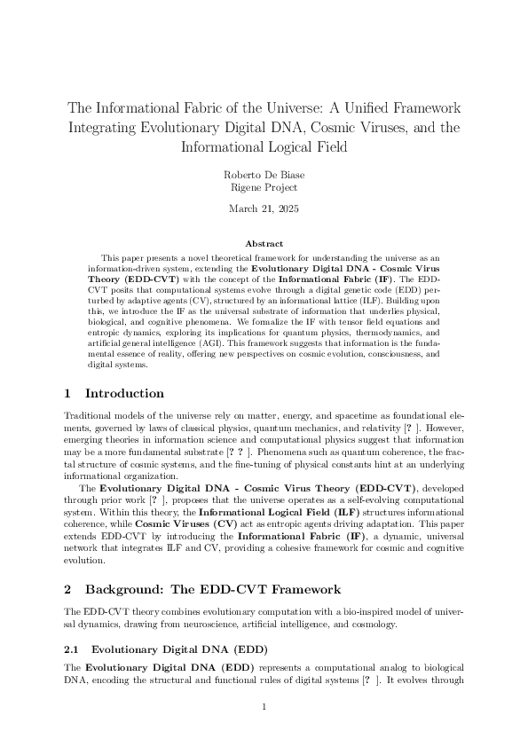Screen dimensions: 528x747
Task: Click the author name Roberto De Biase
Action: click(264, 176)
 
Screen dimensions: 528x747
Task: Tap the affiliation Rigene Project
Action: click(264, 188)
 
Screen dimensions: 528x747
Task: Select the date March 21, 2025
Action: click(264, 209)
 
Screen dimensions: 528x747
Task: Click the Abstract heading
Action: click(264, 243)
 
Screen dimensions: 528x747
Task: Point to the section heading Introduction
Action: click(124, 393)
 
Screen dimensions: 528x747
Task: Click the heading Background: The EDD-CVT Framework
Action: click(213, 589)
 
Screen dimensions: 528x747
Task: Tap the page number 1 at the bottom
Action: click(264, 706)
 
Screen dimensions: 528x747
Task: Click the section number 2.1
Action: click(75, 648)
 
